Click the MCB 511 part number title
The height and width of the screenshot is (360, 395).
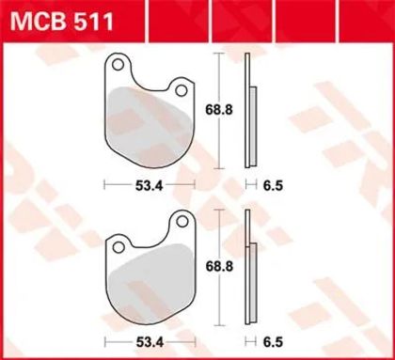[x=62, y=22]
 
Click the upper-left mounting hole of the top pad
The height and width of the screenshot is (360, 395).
[x=118, y=65]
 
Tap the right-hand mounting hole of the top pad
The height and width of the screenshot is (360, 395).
[x=182, y=90]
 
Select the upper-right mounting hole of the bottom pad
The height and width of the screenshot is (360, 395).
[x=182, y=222]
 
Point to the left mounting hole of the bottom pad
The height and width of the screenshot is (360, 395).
[x=118, y=247]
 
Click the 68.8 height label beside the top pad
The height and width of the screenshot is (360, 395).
[x=219, y=110]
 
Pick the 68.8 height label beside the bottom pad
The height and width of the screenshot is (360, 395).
[x=219, y=267]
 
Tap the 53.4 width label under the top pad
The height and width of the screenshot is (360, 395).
[x=150, y=186]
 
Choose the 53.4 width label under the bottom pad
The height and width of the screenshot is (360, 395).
[x=150, y=342]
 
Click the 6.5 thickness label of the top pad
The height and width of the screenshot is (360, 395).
[x=273, y=186]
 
